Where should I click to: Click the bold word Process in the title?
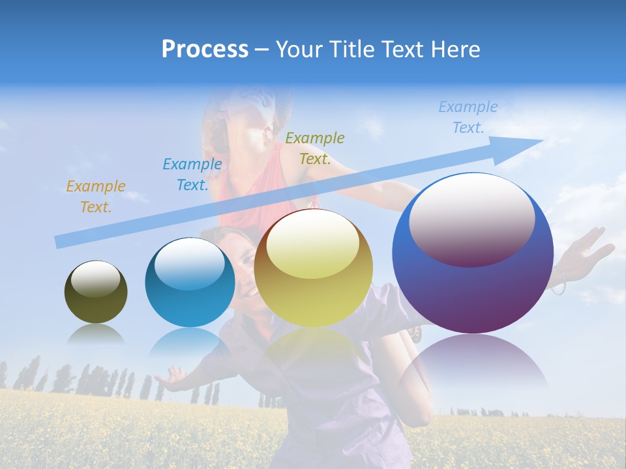(205, 50)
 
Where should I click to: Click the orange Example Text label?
(96, 197)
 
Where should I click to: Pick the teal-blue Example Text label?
(192, 174)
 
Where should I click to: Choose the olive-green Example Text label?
(315, 148)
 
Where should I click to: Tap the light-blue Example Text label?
(468, 117)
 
